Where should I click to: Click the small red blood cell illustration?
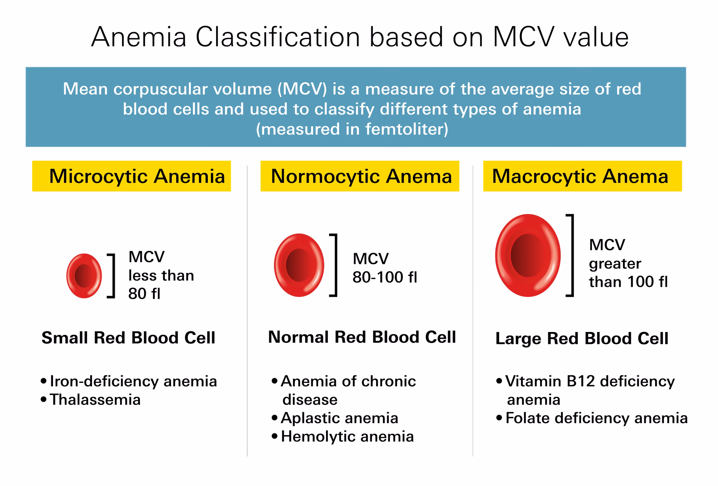tap(84, 276)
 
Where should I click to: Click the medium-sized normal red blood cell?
tap(299, 265)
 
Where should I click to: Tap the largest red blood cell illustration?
tap(528, 255)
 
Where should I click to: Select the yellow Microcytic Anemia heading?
tap(132, 176)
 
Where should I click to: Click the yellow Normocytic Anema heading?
tap(360, 176)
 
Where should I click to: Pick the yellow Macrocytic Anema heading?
tap(582, 176)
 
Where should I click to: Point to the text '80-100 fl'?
tap(385, 277)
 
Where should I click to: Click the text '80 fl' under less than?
tap(144, 294)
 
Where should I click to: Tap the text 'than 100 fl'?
tap(628, 282)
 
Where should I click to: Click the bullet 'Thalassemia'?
tap(95, 400)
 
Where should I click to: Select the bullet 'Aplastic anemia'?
tap(339, 418)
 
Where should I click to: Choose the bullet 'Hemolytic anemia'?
tap(347, 437)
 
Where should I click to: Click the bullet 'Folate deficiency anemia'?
tap(596, 418)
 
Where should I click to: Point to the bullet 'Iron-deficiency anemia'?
tap(133, 381)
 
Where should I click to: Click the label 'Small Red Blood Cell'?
tap(128, 338)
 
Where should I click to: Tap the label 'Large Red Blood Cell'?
tap(582, 339)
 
